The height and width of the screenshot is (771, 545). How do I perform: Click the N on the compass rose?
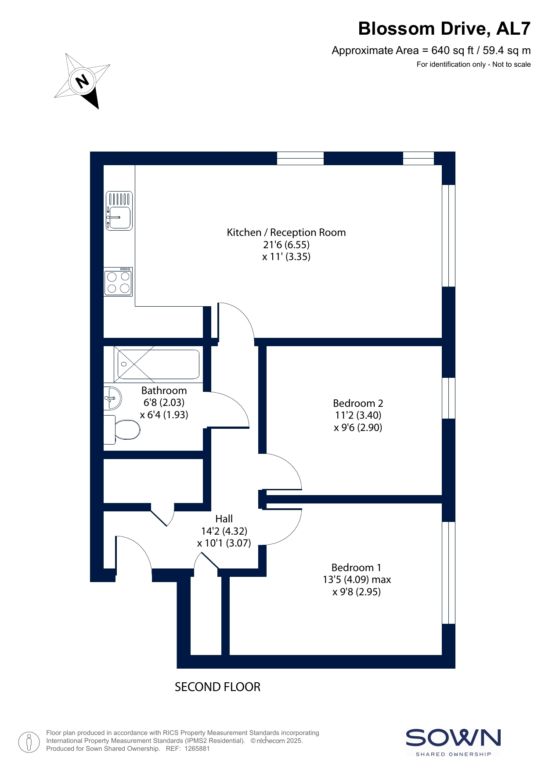82,81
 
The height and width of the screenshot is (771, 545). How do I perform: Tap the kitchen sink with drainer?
119,211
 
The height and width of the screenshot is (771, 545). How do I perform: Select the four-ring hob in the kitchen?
118,281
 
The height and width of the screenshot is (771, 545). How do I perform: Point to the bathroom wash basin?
112,399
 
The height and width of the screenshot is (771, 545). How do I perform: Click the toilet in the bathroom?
122,430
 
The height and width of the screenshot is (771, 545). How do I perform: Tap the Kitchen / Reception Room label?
286,232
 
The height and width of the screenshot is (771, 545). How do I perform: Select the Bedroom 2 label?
358,403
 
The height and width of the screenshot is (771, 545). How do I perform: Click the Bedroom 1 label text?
356,567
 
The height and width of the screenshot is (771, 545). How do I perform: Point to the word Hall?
224,519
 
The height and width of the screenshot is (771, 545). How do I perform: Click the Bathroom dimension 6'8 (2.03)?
164,402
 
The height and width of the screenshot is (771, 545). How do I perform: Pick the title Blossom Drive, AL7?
444,29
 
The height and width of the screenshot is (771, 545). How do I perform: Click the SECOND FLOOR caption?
217,687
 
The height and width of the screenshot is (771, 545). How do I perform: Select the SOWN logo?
453,742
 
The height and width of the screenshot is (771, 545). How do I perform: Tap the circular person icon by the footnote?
29,742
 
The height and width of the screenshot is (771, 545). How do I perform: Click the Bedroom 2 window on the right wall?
448,398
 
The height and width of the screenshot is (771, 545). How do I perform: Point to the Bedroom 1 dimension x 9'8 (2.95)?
357,592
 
